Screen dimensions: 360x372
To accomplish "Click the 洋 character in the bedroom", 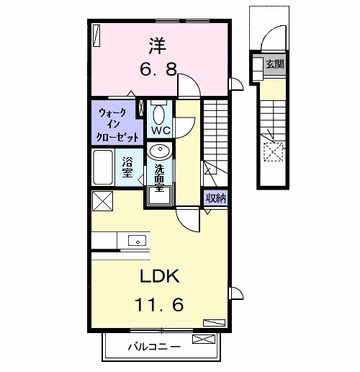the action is (158, 45).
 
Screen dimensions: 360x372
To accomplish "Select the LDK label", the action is (160, 276).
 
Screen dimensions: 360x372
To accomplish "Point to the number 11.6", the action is (159, 304).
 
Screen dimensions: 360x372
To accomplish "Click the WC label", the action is (161, 130).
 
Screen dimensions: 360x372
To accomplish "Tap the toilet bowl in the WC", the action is (158, 115).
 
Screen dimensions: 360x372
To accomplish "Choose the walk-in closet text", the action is (117, 125).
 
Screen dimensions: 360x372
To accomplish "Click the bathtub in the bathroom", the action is (103, 167).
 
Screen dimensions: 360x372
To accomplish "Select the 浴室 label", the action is (127, 167).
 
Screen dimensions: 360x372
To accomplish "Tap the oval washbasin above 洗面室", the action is (159, 151).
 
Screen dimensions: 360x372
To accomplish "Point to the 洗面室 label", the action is (159, 178).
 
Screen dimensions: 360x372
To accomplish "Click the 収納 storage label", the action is (216, 198).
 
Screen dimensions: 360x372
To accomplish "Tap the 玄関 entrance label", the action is (275, 64).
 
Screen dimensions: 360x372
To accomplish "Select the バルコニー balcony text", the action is (154, 347).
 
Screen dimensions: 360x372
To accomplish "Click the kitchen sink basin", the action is (137, 240).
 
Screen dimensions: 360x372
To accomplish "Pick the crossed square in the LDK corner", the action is (102, 201).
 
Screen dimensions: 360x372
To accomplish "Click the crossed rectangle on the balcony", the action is (204, 339).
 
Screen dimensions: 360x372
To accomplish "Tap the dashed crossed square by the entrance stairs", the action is (274, 152).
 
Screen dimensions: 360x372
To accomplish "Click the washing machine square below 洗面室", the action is (160, 195).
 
